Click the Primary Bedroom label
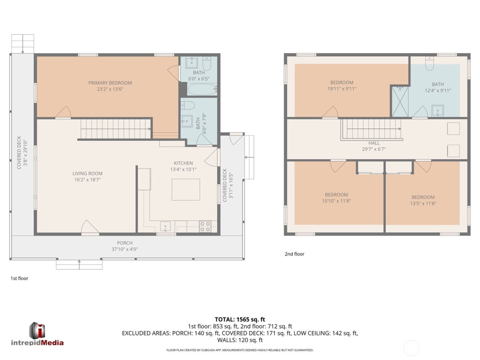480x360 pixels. (x=110, y=83)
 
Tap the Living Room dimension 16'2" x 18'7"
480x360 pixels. (x=87, y=180)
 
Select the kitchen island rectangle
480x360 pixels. (x=186, y=189)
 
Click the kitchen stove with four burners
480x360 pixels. (x=205, y=227)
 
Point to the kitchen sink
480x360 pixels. (x=166, y=227)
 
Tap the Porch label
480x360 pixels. (x=124, y=243)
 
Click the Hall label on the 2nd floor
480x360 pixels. (x=374, y=143)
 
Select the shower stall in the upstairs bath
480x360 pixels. (x=400, y=101)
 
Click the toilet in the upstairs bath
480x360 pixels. (x=430, y=63)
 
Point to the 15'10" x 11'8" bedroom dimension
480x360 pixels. (x=336, y=201)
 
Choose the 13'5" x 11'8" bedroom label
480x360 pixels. (x=423, y=197)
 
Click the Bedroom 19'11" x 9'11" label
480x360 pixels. (x=342, y=82)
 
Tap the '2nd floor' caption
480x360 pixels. (x=295, y=254)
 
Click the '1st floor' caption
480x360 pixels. (x=19, y=278)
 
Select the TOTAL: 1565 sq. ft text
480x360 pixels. (x=240, y=319)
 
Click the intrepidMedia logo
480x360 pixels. (x=37, y=334)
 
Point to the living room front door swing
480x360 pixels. (x=89, y=228)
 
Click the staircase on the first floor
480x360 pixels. (x=116, y=129)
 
